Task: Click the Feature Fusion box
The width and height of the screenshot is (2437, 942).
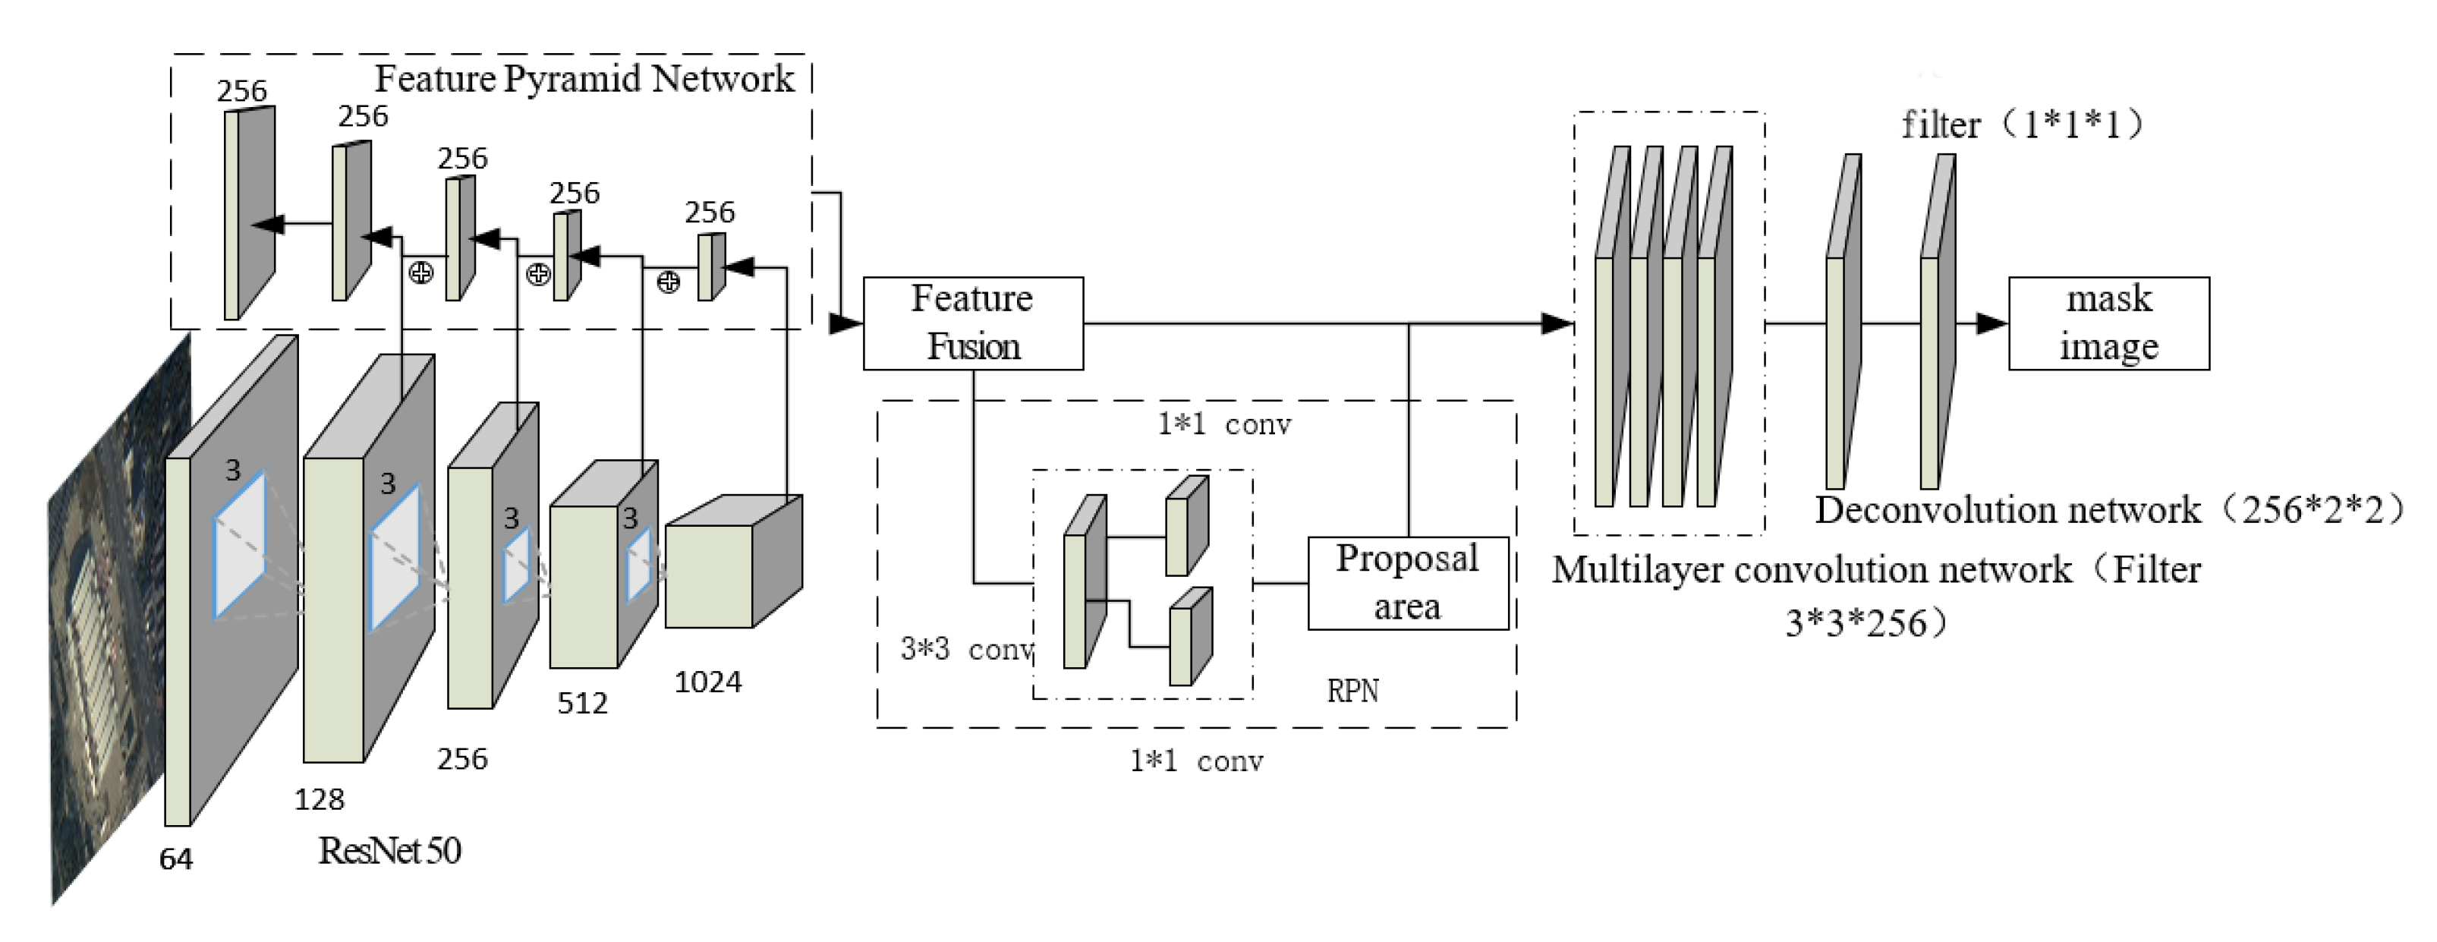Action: (x=972, y=323)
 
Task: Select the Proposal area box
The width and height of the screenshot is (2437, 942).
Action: (x=1408, y=583)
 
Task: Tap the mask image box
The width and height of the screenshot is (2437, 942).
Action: (x=2108, y=323)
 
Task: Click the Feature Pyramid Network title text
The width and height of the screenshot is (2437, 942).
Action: (x=584, y=78)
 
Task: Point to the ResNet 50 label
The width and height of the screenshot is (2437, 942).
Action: (x=390, y=850)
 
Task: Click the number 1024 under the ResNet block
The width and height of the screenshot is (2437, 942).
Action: (x=707, y=681)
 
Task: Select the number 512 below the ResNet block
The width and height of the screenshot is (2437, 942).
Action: (x=582, y=703)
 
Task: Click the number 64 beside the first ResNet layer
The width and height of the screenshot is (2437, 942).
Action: (x=176, y=859)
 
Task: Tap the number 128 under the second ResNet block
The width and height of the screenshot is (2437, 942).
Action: (x=319, y=800)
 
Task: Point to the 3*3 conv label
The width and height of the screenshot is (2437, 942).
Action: (x=965, y=650)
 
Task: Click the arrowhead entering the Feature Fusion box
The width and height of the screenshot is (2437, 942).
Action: (x=845, y=323)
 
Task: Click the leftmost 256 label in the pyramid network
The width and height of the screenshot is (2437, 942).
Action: (x=241, y=91)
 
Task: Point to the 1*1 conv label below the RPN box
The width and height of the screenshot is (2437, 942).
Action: (x=1196, y=761)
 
